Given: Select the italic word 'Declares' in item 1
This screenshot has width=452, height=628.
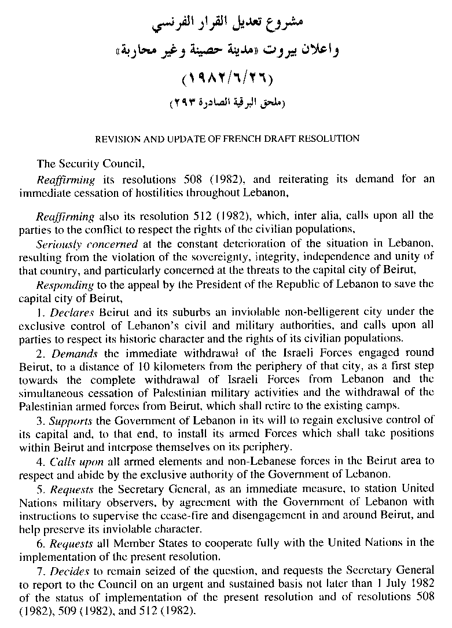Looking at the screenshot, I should pyautogui.click(x=71, y=312).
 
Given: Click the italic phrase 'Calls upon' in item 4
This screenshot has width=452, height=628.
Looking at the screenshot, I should pyautogui.click(x=76, y=461).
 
